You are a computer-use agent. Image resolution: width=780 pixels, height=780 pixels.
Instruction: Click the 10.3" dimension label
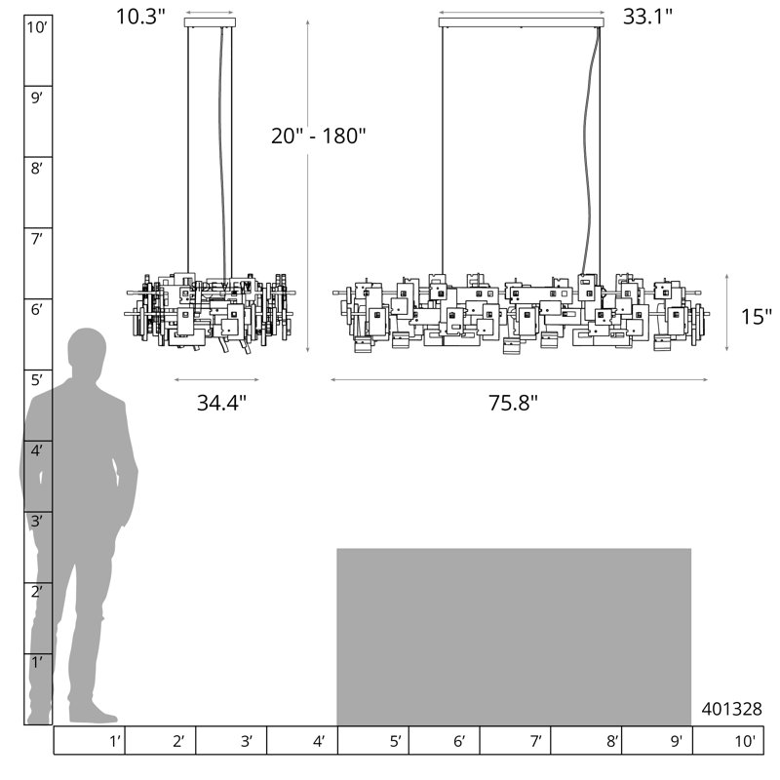pos(140,17)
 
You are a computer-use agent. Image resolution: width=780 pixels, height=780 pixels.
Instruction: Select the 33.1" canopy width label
pos(647,17)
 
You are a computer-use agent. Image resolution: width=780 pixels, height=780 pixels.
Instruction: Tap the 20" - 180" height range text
pos(319,136)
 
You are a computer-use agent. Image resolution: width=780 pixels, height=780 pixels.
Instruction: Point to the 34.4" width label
pos(221,403)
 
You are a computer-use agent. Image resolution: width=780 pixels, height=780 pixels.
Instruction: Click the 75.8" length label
pos(513,403)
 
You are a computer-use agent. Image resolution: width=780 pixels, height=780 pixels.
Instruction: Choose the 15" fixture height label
pos(757,316)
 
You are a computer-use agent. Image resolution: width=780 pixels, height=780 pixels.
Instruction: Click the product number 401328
pos(731,709)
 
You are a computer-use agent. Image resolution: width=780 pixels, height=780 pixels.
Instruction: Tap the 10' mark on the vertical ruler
pos(37,27)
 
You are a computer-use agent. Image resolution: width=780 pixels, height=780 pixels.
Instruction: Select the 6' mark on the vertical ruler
pos(37,310)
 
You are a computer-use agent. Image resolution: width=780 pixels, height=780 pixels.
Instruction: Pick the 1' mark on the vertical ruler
pos(37,663)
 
